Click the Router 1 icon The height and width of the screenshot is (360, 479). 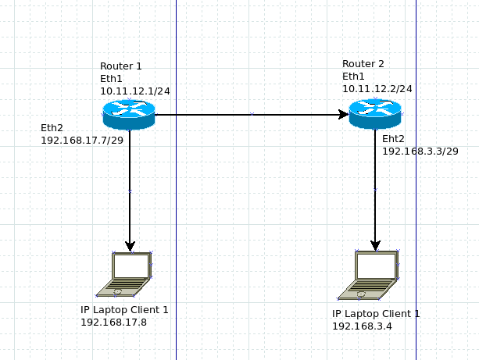click(x=129, y=114)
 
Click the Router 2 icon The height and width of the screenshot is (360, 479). click(x=375, y=114)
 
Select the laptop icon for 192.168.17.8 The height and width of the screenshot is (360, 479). click(x=125, y=275)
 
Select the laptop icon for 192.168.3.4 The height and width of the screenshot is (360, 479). click(x=369, y=276)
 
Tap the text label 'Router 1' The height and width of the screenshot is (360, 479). click(x=121, y=66)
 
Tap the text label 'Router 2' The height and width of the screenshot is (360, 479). click(x=363, y=63)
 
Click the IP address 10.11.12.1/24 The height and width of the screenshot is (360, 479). click(x=135, y=91)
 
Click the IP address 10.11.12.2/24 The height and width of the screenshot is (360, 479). click(x=377, y=88)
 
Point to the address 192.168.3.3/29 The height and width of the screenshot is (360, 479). click(x=420, y=151)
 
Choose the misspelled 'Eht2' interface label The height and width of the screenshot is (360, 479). click(x=394, y=138)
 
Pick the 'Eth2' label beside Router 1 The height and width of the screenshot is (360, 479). click(x=52, y=127)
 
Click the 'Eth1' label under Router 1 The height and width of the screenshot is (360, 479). click(x=112, y=79)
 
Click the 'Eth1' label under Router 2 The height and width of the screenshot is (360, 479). click(x=353, y=76)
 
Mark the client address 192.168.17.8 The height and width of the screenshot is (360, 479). click(x=114, y=322)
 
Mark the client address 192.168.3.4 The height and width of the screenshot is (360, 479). click(x=362, y=326)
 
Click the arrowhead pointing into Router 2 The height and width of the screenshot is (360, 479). click(x=343, y=115)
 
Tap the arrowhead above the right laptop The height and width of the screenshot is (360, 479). click(x=376, y=245)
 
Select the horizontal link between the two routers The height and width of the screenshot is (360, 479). click(x=250, y=115)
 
